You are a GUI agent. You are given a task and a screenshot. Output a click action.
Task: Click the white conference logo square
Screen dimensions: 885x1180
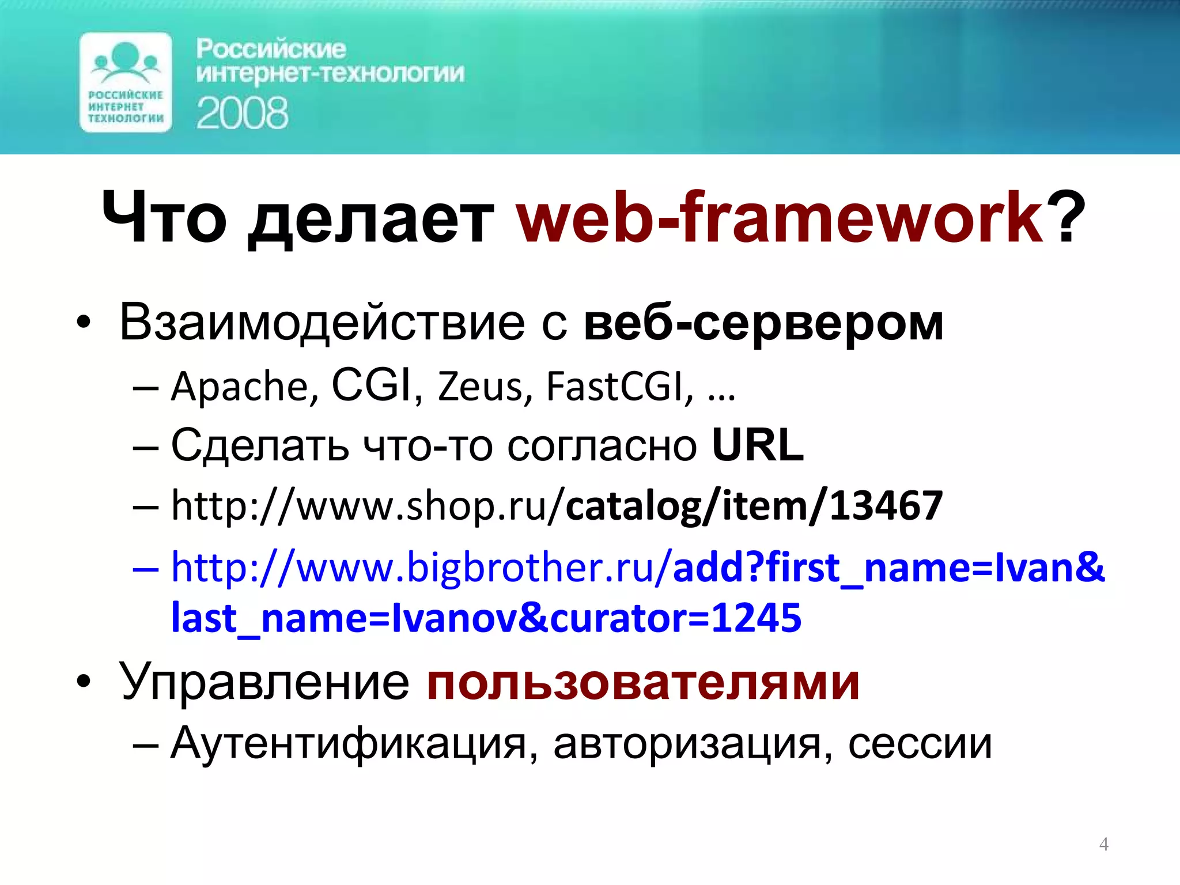pyautogui.click(x=126, y=82)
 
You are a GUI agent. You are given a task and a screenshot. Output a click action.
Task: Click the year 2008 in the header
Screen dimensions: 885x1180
pyautogui.click(x=242, y=113)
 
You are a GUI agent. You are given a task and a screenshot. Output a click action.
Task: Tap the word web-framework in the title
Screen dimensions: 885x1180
pyautogui.click(x=780, y=218)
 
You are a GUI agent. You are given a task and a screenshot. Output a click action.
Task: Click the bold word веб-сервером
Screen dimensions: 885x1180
pyautogui.click(x=763, y=323)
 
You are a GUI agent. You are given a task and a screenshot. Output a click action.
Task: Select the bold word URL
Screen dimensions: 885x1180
pyautogui.click(x=757, y=445)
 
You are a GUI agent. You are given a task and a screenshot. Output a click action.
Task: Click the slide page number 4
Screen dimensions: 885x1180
pyautogui.click(x=1103, y=844)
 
